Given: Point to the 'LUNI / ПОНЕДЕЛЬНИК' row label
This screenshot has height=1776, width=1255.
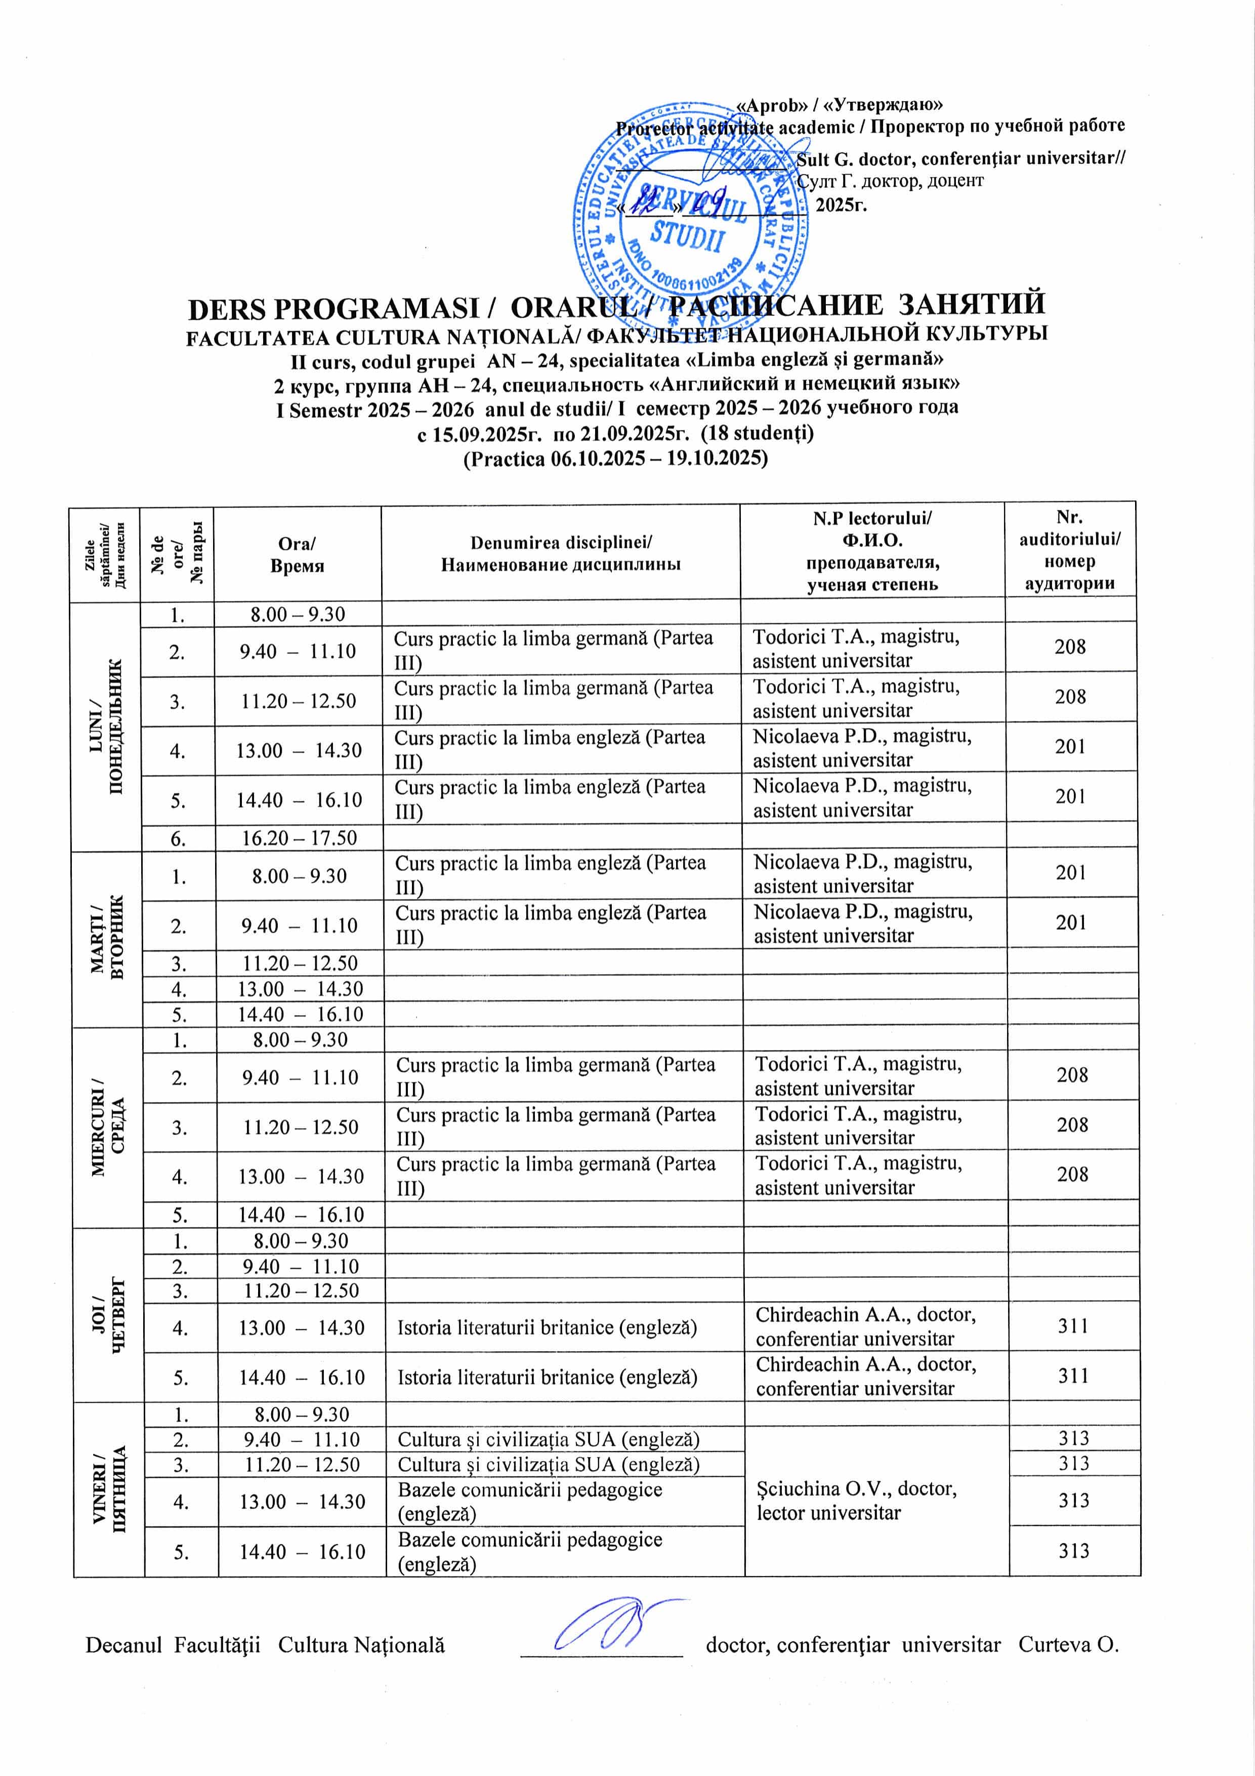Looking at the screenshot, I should point(107,726).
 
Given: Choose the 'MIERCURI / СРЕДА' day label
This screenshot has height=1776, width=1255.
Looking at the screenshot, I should point(108,1127).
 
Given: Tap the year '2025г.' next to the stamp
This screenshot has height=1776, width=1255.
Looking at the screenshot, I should point(842,205).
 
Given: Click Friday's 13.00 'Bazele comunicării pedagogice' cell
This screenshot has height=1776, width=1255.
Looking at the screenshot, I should point(530,1501).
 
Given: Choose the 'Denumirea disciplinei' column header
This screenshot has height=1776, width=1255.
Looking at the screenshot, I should point(561,553).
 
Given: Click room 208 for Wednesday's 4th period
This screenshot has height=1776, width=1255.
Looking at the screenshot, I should point(1072,1174).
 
